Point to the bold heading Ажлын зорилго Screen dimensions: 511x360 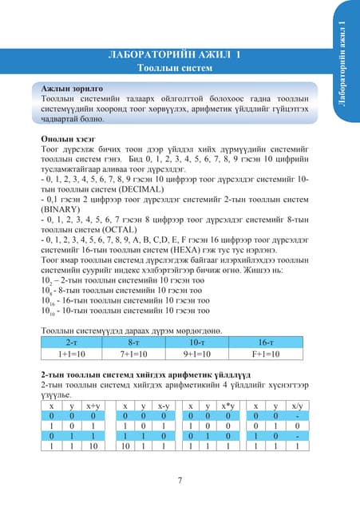click(x=72, y=86)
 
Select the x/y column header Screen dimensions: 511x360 click(x=297, y=405)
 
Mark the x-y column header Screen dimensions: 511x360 click(x=162, y=405)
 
